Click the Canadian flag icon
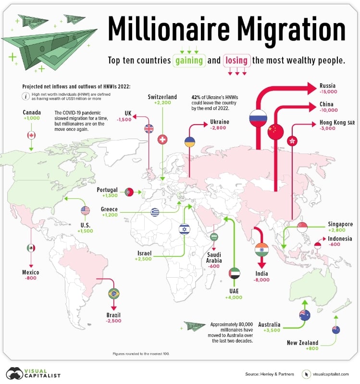tap(31, 135)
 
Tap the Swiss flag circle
tap(162, 140)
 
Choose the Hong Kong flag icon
tap(291, 141)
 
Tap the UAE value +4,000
tap(234, 298)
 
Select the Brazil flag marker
tap(114, 293)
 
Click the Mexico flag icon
tap(31, 248)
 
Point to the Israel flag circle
tap(185, 229)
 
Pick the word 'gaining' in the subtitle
tap(189, 61)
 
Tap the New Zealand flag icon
tap(336, 330)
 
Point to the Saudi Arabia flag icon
tap(213, 237)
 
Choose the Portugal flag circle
tap(129, 192)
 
